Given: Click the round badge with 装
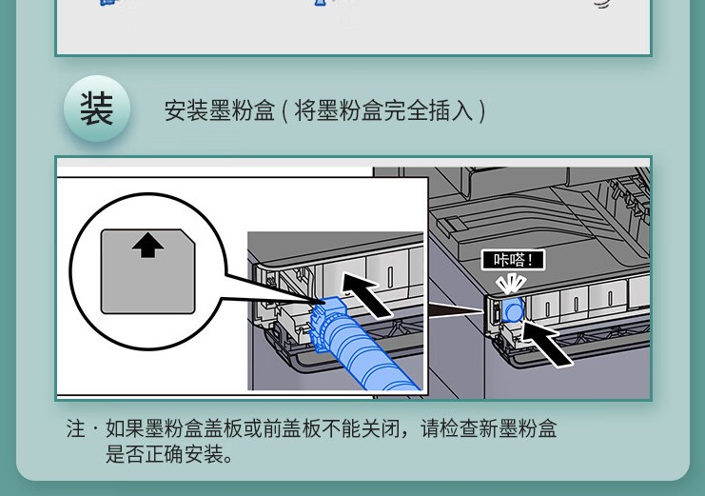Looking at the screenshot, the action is click(97, 109).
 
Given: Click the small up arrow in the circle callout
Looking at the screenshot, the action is click(147, 248).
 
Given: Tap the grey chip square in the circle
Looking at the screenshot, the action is click(147, 271).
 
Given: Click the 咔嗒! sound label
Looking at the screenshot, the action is click(513, 260).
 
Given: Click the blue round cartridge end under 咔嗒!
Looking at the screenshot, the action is click(513, 310).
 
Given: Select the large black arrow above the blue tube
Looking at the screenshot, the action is click(366, 295).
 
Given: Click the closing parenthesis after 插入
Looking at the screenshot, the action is click(482, 110).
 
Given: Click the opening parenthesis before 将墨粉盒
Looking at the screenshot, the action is click(285, 110).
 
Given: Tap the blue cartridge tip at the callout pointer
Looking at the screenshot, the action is click(330, 305).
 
